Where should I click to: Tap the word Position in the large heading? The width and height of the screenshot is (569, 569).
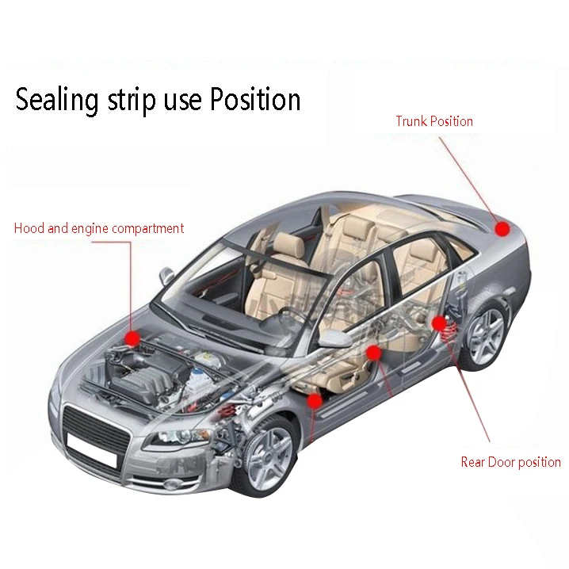tap(255, 101)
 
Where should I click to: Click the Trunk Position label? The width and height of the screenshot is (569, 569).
tap(434, 121)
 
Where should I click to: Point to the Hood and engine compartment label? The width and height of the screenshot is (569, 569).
tap(99, 228)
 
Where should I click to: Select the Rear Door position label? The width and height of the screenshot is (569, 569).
tap(510, 462)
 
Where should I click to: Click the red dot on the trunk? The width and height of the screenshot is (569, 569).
tap(502, 229)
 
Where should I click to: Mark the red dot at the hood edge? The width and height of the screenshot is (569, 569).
tap(132, 338)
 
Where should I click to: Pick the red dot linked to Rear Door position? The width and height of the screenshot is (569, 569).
tap(438, 323)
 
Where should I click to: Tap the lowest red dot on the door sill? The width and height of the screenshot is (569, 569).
tap(315, 401)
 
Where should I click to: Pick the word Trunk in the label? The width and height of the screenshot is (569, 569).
tap(411, 121)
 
